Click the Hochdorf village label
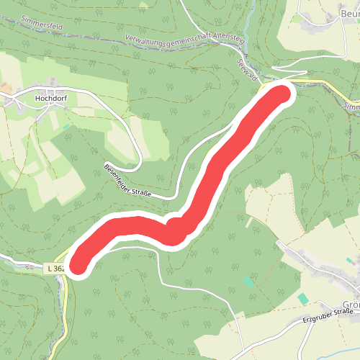(51, 93)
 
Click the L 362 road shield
(54, 269)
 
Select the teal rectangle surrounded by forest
(249, 282)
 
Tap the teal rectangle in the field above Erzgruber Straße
(303, 298)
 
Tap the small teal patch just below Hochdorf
(66, 127)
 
